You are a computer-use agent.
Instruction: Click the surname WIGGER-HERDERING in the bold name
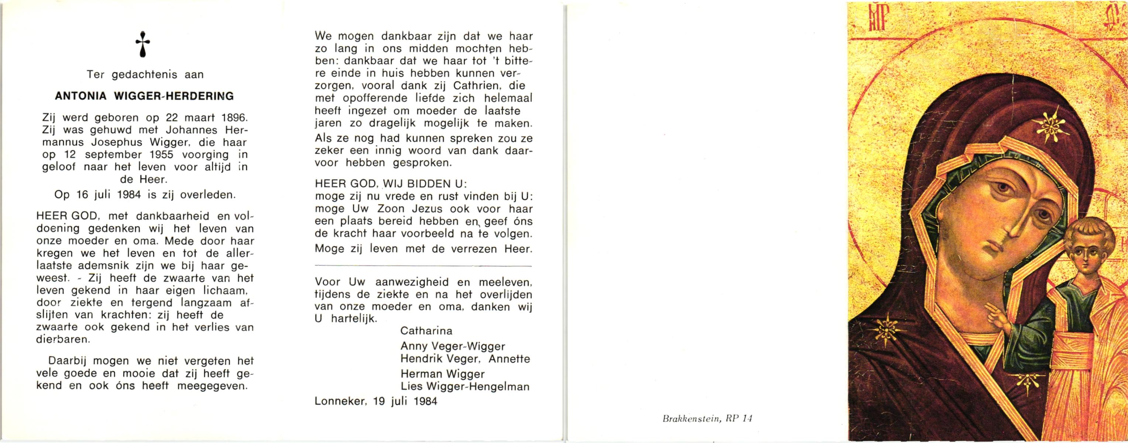(174, 96)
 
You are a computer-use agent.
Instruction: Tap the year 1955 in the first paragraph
(162, 155)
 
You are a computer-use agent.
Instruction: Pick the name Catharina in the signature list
(426, 330)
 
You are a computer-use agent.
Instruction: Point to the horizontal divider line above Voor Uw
(423, 266)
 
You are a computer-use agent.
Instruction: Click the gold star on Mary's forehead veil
(1050, 127)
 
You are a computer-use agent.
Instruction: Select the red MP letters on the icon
(873, 20)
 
